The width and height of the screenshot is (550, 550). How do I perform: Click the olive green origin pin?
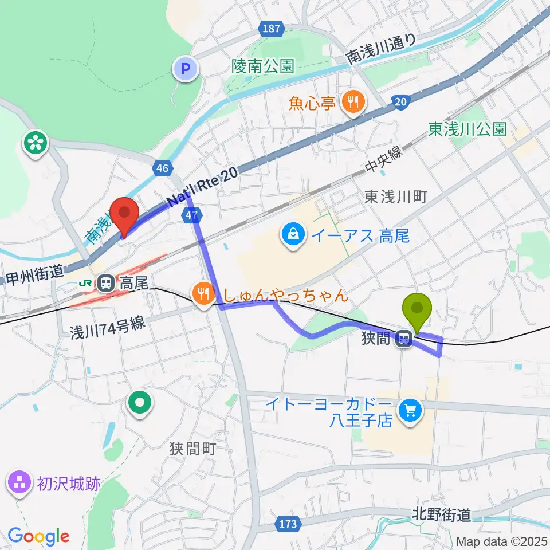pyautogui.click(x=418, y=312)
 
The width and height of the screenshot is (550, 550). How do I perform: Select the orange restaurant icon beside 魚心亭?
pyautogui.click(x=351, y=103)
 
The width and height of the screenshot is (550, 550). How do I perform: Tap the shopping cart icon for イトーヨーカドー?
pyautogui.click(x=410, y=411)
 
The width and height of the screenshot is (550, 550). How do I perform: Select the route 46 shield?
pyautogui.click(x=163, y=168)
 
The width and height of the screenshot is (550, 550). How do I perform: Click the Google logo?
pyautogui.click(x=38, y=536)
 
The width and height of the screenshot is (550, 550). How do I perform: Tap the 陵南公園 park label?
pyautogui.click(x=264, y=66)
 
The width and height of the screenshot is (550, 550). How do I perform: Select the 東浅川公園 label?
pyautogui.click(x=467, y=129)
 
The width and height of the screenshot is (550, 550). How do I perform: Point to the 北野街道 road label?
pyautogui.click(x=441, y=515)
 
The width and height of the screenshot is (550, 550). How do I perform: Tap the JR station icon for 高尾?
pyautogui.click(x=105, y=282)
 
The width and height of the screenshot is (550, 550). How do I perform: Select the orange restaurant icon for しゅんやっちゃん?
pyautogui.click(x=203, y=295)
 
